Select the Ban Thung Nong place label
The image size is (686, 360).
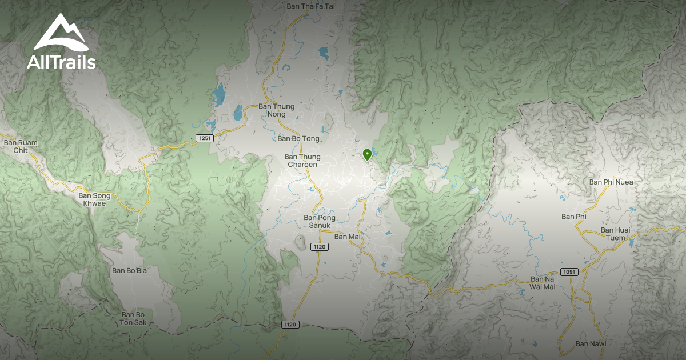tap(276, 110)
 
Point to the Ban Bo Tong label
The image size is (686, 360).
tap(298, 138)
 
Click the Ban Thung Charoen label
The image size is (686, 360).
tap(302, 161)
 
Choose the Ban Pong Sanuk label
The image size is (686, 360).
tap(317, 221)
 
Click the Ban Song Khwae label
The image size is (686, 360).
tap(94, 199)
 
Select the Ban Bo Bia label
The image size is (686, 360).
tap(129, 270)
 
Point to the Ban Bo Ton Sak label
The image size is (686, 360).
tap(135, 318)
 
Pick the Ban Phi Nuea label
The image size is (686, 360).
tap(611, 182)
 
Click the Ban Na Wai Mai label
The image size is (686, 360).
tap(543, 283)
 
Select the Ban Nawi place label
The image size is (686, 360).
tap(591, 343)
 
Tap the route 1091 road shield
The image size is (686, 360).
tap(568, 271)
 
